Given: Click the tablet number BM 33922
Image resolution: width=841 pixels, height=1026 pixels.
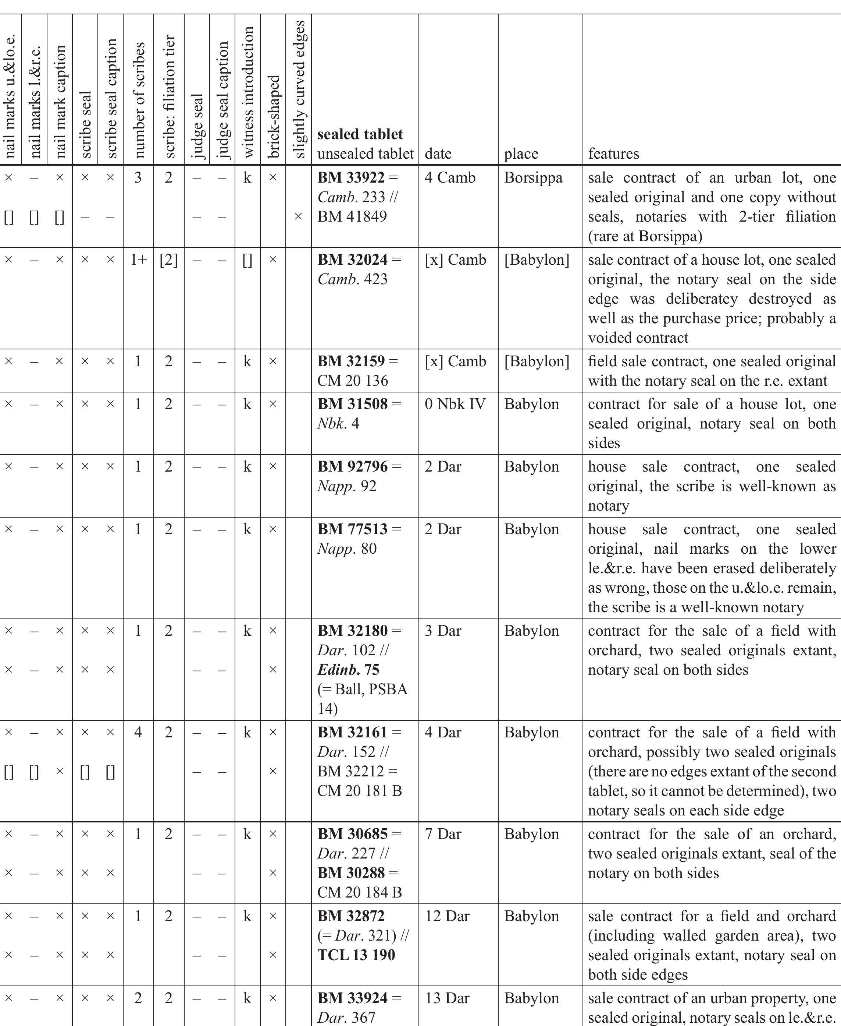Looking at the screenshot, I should tap(351, 177).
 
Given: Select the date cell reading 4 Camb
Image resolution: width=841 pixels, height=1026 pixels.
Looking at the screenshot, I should tap(450, 177).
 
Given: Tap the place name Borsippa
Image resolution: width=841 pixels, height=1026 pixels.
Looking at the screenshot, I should tap(533, 177).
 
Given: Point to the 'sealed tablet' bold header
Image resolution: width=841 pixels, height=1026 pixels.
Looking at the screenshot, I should tap(360, 134).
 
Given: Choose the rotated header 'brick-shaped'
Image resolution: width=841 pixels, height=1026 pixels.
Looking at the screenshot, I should tap(273, 116).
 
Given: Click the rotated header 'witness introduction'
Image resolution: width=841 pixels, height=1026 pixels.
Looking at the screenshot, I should tap(247, 92).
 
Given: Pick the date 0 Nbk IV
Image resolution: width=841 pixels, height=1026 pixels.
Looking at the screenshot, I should tap(455, 404).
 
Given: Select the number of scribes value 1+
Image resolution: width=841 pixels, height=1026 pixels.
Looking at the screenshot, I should tap(138, 260).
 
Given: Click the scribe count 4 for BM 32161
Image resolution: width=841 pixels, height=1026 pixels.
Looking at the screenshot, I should tap(138, 732).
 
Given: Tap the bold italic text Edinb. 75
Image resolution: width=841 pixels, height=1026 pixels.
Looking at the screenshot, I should tap(348, 670).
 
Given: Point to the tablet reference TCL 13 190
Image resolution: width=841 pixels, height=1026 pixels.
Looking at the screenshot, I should tap(356, 955).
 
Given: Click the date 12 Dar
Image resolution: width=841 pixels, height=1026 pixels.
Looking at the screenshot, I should tap(447, 916).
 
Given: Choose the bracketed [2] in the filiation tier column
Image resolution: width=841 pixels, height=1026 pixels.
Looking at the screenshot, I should tap(168, 260).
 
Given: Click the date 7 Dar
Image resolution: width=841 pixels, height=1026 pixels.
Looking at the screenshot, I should tap(443, 834).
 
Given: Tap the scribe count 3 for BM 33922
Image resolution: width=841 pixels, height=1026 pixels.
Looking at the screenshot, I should tap(138, 177).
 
